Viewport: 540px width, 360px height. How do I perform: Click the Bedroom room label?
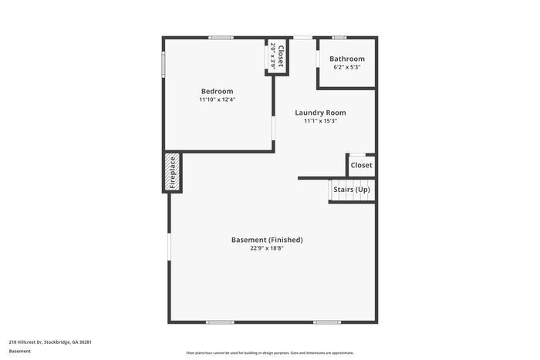click(x=217, y=92)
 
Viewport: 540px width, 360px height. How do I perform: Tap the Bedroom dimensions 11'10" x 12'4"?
click(x=217, y=100)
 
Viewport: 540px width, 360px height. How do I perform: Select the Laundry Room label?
click(x=320, y=113)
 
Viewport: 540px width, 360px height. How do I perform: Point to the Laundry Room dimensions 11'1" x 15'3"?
click(x=320, y=121)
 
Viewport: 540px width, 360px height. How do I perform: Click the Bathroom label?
click(x=347, y=59)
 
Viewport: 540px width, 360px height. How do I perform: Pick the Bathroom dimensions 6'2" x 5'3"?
click(x=347, y=68)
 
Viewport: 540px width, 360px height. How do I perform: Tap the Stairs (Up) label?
click(x=352, y=190)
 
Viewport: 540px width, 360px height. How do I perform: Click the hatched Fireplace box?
click(x=173, y=172)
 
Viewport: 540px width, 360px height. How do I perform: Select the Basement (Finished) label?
click(x=267, y=240)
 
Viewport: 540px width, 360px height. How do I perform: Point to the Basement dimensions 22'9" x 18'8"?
click(x=267, y=248)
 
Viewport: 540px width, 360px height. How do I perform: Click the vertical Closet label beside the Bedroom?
click(x=281, y=57)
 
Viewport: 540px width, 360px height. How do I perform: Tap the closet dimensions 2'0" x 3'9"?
click(x=273, y=57)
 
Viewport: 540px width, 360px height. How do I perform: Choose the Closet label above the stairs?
click(x=361, y=165)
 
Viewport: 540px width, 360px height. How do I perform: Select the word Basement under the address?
click(x=20, y=352)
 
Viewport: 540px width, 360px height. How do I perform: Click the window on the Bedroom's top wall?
click(x=221, y=37)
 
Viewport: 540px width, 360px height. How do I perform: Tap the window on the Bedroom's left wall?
click(x=163, y=64)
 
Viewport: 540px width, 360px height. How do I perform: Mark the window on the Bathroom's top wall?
click(x=339, y=37)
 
